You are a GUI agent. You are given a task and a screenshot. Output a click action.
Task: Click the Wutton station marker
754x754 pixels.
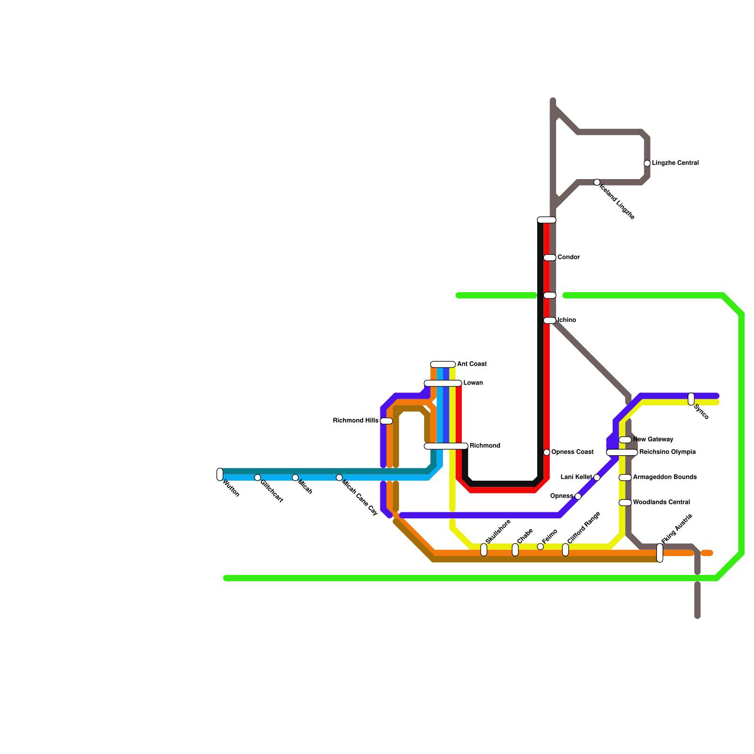click(x=220, y=474)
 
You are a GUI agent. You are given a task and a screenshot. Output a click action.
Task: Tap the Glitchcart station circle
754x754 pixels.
click(x=257, y=477)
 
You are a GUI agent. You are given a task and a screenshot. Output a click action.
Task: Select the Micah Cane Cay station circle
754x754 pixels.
click(x=339, y=477)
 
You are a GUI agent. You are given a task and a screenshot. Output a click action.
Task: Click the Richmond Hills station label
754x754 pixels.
click(x=355, y=420)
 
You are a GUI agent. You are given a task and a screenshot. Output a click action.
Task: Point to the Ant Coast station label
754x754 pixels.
click(x=472, y=364)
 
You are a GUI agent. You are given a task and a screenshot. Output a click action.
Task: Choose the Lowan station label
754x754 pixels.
click(x=473, y=383)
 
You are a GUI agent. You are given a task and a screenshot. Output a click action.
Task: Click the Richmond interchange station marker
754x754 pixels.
click(x=446, y=446)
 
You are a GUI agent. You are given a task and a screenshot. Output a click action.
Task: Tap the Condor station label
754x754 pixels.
click(x=568, y=257)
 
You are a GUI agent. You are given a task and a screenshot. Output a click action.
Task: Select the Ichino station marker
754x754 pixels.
click(x=549, y=320)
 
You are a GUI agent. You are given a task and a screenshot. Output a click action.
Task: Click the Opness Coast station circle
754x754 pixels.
click(x=547, y=452)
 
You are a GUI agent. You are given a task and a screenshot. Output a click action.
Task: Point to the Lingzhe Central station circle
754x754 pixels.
click(x=647, y=163)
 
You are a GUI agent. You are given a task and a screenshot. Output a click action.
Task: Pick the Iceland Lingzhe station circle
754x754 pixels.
click(x=597, y=182)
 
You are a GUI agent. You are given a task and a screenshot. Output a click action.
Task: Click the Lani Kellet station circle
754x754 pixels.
click(x=597, y=477)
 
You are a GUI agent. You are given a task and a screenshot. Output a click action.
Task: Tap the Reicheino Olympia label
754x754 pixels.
click(x=667, y=452)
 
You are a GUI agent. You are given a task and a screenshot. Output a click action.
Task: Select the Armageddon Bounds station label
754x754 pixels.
click(x=664, y=477)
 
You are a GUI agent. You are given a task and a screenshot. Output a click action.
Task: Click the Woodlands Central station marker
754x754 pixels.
click(x=625, y=502)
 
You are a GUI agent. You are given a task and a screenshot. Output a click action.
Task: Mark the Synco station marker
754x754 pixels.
click(x=691, y=399)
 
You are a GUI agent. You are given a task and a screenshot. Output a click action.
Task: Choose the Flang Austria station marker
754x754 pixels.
click(x=660, y=553)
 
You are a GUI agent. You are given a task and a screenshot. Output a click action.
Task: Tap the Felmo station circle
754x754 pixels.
click(x=540, y=547)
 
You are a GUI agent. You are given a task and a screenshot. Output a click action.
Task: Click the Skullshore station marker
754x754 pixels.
click(x=484, y=549)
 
